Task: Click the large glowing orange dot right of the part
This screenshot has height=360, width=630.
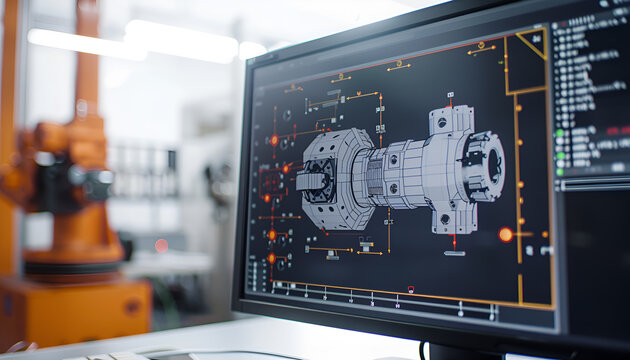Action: (506, 234)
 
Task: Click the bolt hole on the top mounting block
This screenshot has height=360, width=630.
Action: (442, 122)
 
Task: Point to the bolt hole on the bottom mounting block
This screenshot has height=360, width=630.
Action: (445, 218)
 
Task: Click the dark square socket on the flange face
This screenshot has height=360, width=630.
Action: (313, 181)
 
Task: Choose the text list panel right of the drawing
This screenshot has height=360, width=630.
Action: (591, 90)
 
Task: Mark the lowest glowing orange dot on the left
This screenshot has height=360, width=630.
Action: (271, 257)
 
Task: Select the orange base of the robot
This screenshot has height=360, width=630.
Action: (75, 310)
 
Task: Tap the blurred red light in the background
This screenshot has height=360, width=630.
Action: (161, 245)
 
